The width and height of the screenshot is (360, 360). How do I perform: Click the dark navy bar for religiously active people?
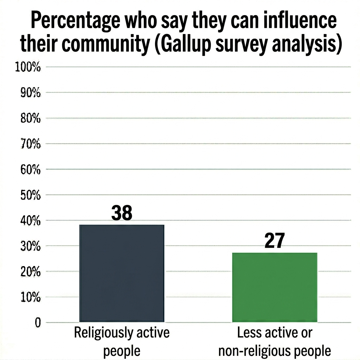(x=122, y=273)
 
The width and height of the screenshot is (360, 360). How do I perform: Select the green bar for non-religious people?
(x=275, y=287)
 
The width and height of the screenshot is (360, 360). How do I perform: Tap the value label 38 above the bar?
(x=122, y=213)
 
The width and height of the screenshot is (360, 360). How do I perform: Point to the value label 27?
(x=275, y=242)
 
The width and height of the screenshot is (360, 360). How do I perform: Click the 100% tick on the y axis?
(x=28, y=67)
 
